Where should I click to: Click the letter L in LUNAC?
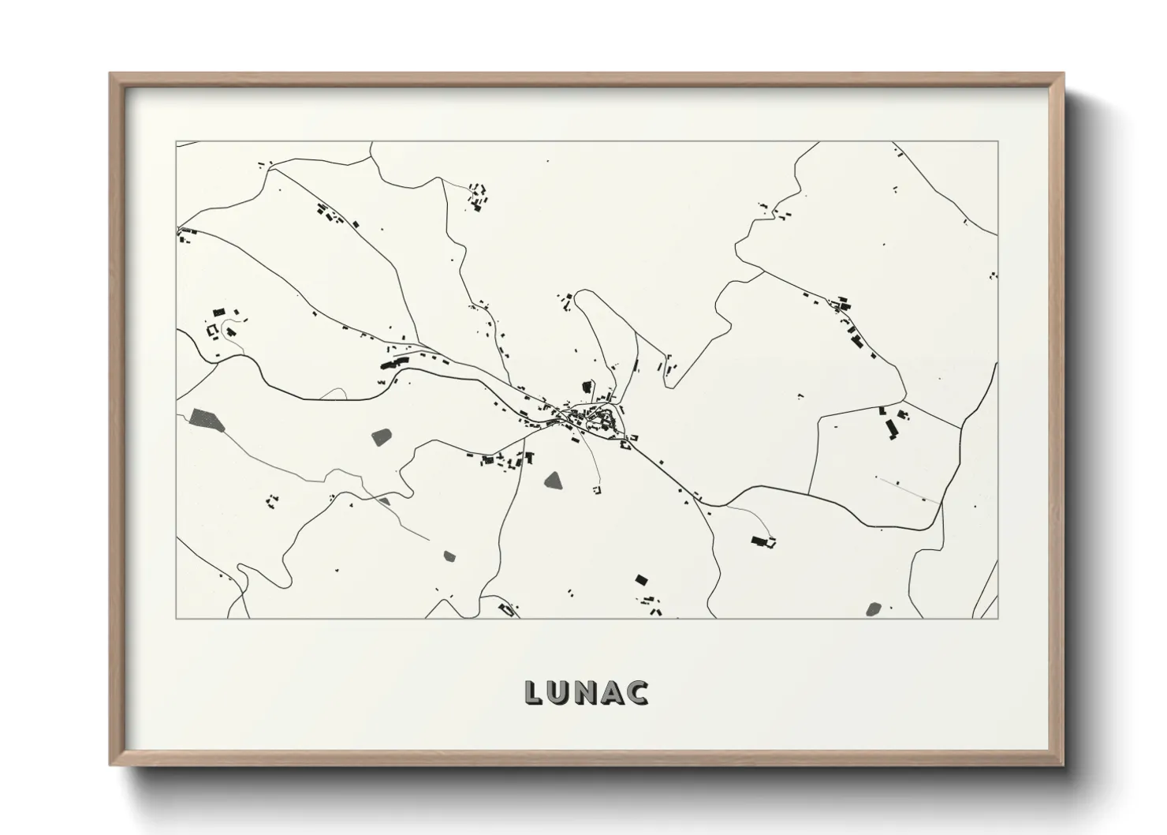pyautogui.click(x=534, y=692)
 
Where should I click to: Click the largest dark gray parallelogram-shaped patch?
pyautogui.click(x=207, y=420)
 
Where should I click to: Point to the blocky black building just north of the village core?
pyautogui.click(x=587, y=387)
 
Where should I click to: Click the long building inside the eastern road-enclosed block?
pyautogui.click(x=892, y=429)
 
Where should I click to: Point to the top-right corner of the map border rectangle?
pyautogui.click(x=998, y=142)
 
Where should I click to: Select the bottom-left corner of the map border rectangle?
pyautogui.click(x=177, y=618)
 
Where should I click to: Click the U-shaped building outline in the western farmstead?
pyautogui.click(x=211, y=331)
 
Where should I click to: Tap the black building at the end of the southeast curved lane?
pyautogui.click(x=761, y=541)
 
